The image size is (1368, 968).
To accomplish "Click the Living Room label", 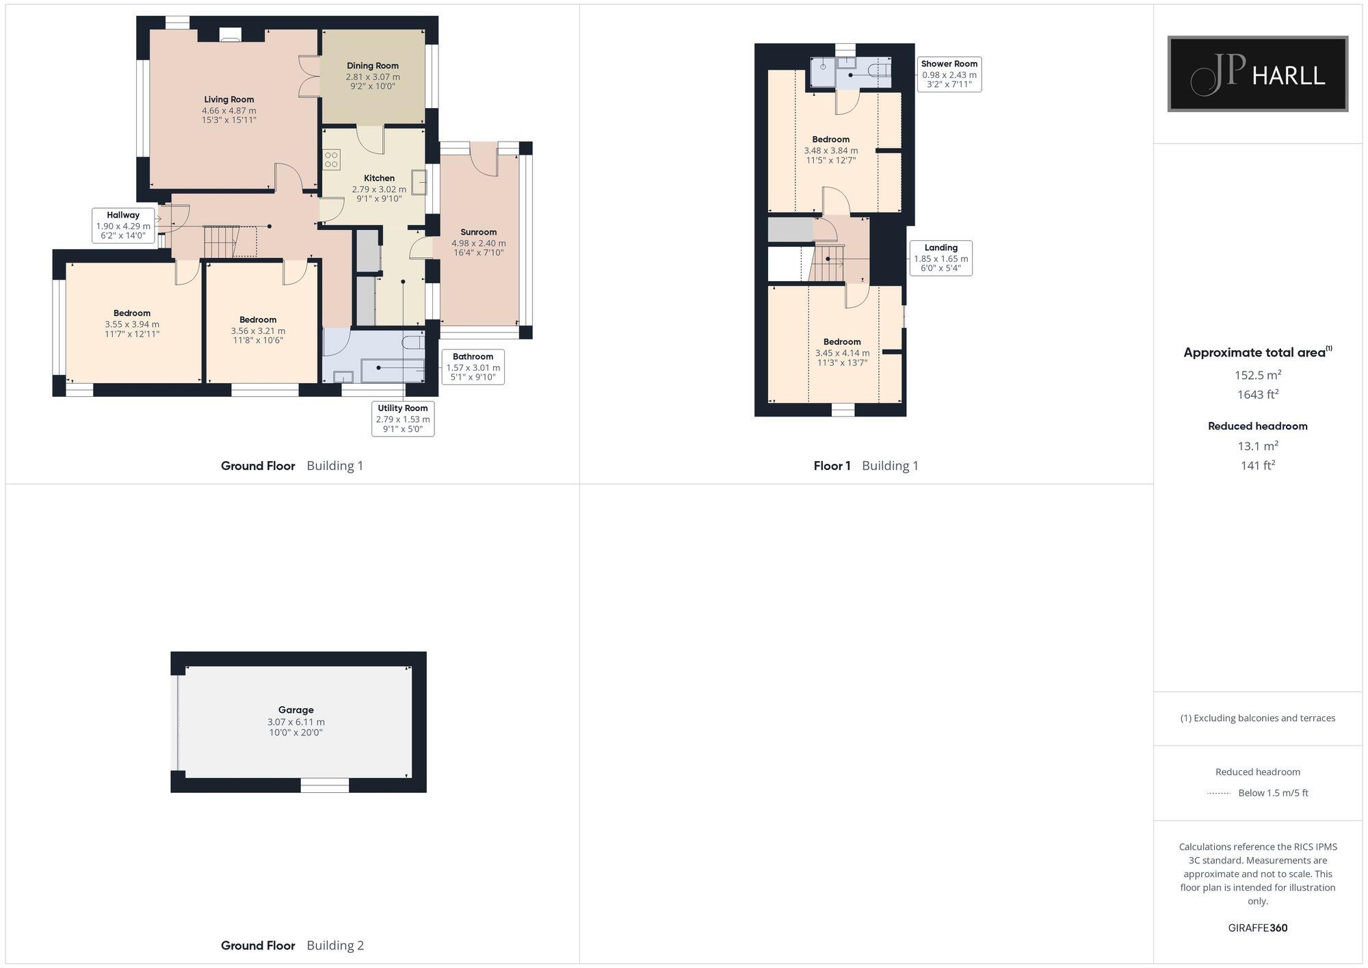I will click(228, 100).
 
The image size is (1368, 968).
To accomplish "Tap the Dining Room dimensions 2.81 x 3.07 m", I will click(373, 77).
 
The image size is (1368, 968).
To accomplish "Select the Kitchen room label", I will click(379, 178).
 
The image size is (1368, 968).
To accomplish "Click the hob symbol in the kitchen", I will click(332, 160).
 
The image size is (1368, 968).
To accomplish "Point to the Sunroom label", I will click(478, 232).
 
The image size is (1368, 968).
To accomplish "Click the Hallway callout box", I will click(123, 225).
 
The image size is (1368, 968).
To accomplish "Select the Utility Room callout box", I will click(403, 418).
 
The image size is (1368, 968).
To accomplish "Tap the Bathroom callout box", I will click(473, 367).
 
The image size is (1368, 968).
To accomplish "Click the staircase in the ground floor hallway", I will click(220, 241).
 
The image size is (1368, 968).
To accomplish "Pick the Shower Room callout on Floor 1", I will click(949, 74).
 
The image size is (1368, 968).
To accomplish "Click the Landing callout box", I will click(941, 258).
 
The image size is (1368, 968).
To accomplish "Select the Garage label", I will click(295, 710).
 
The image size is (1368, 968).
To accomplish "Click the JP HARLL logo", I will click(1257, 74).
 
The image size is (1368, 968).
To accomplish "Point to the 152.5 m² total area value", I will click(1257, 375).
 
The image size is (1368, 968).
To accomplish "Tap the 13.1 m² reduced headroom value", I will click(1257, 446).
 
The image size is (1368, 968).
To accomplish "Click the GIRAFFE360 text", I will click(1257, 928).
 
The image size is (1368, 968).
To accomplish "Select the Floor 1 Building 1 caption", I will click(866, 466).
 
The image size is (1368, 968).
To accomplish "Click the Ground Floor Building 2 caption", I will click(292, 945).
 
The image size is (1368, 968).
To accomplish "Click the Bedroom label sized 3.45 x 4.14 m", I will click(842, 342).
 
